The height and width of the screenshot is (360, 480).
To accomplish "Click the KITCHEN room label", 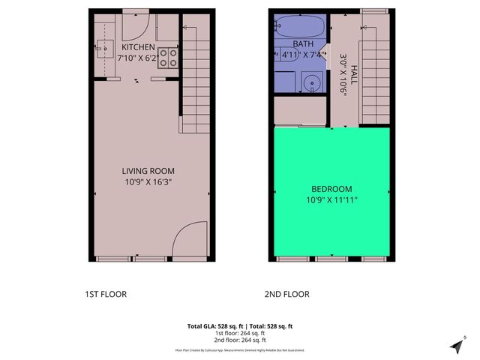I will pyautogui.click(x=138, y=47).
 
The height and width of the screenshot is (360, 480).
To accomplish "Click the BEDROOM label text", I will pyautogui.click(x=331, y=189).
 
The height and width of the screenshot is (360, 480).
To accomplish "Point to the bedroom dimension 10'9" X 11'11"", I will pyautogui.click(x=331, y=200).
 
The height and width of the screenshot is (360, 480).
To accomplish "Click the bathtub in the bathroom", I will pyautogui.click(x=299, y=28).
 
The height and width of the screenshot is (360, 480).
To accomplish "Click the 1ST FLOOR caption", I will pyautogui.click(x=106, y=294).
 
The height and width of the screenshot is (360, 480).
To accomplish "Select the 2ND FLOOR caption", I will pyautogui.click(x=286, y=294).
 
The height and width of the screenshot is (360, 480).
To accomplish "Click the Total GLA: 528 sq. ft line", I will pyautogui.click(x=239, y=326).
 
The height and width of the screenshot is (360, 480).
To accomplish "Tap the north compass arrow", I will pyautogui.click(x=457, y=346).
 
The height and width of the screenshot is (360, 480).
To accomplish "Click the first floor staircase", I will pyautogui.click(x=196, y=75).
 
